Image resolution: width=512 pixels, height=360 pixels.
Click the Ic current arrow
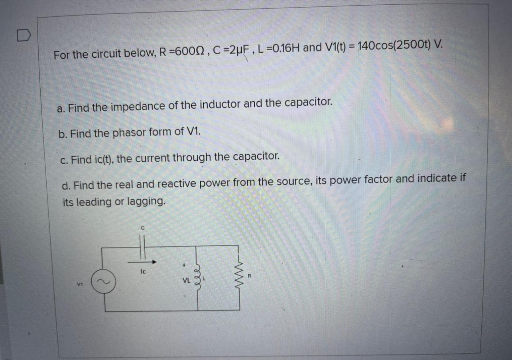tap(142, 262)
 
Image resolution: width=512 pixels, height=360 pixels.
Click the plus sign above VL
tap(184, 265)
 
